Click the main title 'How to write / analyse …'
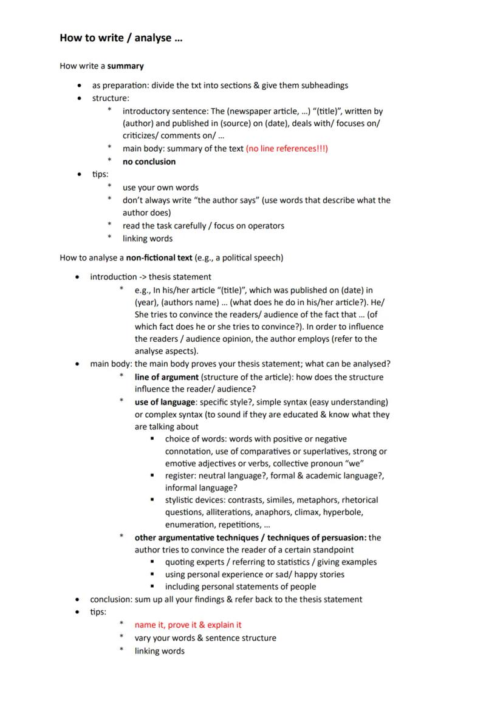(121, 38)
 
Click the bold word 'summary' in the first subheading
(126, 66)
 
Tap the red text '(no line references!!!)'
(287, 149)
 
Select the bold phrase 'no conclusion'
(149, 162)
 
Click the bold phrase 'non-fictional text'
(159, 257)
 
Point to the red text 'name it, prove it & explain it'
(188, 625)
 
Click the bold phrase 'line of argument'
(166, 377)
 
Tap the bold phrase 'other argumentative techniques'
(197, 537)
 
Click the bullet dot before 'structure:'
(79, 98)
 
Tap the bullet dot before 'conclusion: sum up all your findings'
(77, 600)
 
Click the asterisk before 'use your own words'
(109, 188)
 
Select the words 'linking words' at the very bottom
(159, 651)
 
